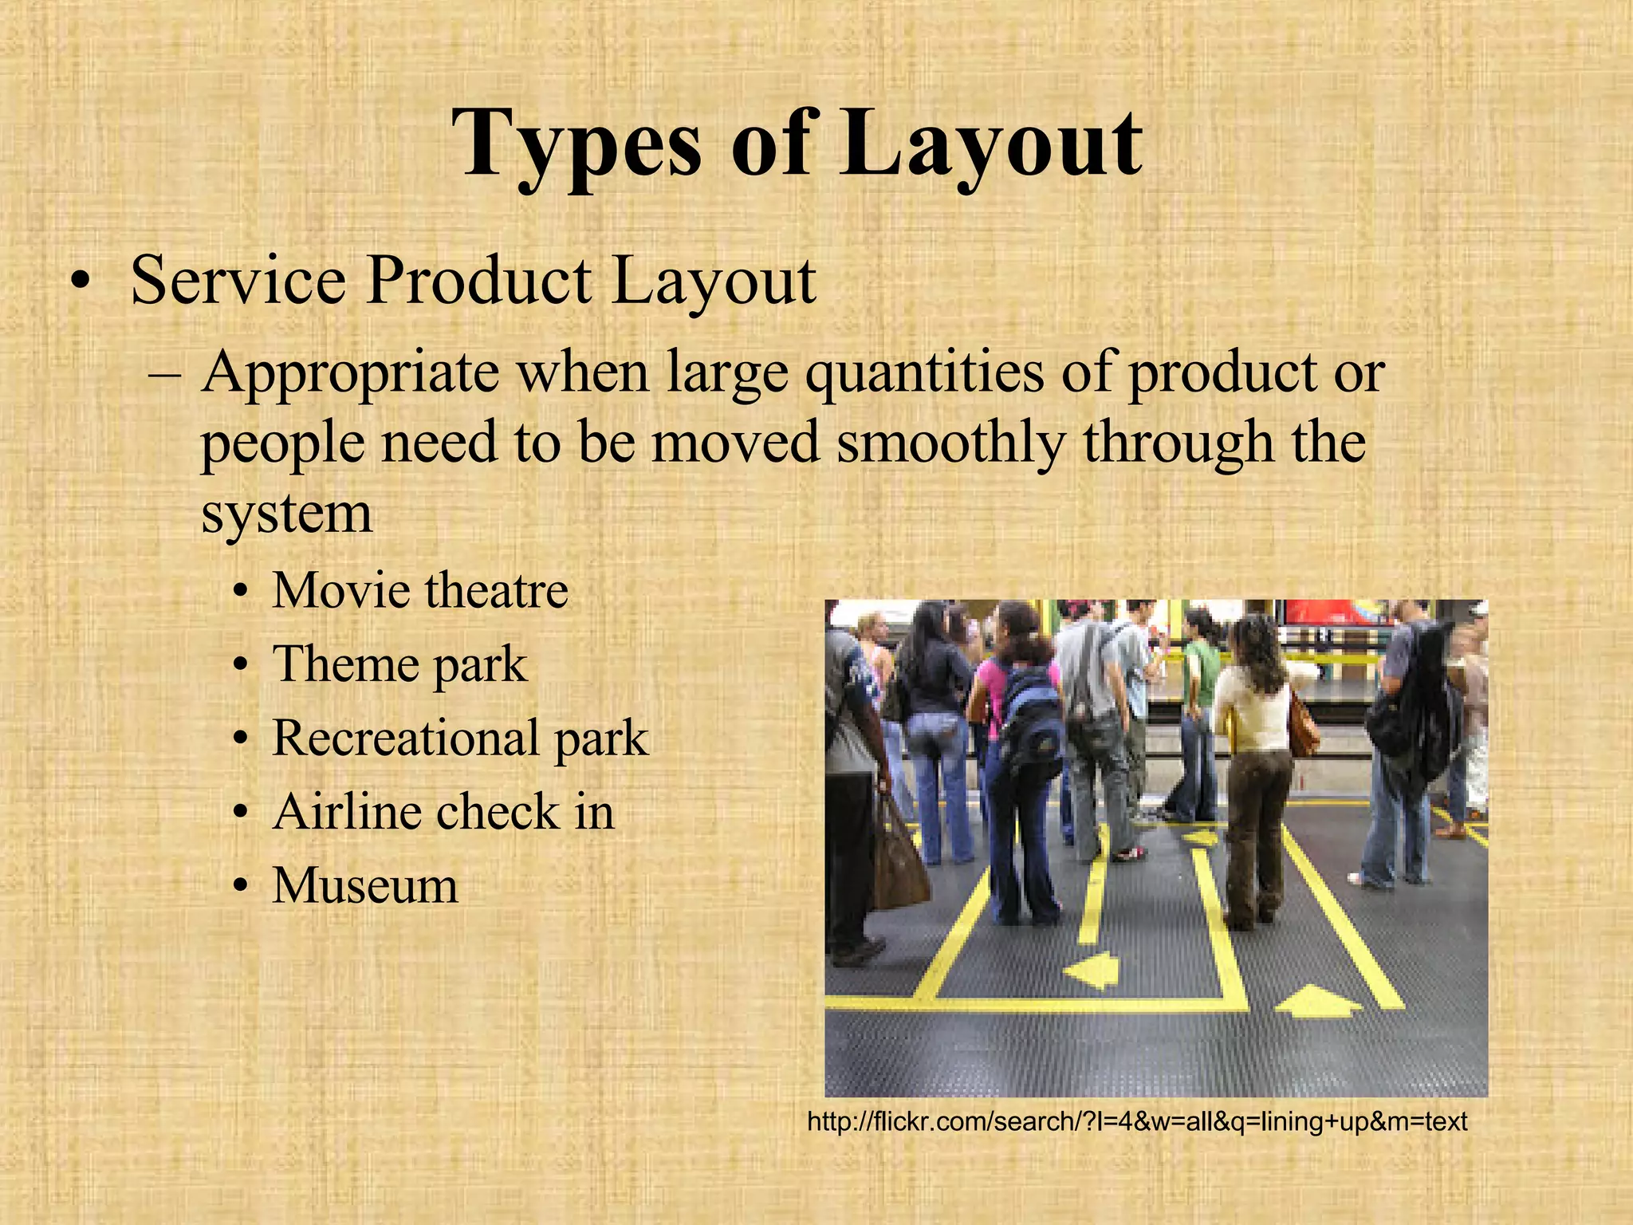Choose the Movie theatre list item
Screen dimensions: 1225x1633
tap(419, 590)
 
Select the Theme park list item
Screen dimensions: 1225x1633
tap(399, 664)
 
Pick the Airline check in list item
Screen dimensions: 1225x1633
tap(443, 812)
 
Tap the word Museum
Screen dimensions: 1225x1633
tap(365, 885)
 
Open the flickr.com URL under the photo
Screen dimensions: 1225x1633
tap(1137, 1122)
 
